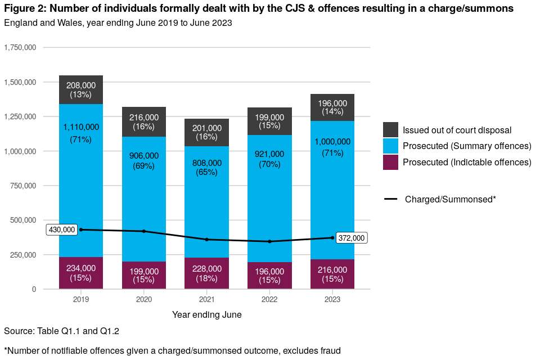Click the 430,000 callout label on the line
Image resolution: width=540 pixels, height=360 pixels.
click(x=62, y=229)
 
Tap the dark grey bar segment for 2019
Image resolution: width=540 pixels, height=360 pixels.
click(x=81, y=90)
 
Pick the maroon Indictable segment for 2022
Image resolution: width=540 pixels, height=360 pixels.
click(x=270, y=276)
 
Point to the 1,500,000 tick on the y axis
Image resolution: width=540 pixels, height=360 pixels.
click(x=20, y=82)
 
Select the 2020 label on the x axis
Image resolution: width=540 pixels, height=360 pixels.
click(x=144, y=300)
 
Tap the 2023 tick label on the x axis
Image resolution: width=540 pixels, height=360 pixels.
click(x=332, y=300)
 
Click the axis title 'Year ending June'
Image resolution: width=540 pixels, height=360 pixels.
click(x=207, y=315)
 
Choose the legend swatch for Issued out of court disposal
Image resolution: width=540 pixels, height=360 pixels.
click(x=390, y=130)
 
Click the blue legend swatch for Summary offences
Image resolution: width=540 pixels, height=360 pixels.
click(x=390, y=146)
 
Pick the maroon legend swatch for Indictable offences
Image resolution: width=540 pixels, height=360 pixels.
click(x=390, y=162)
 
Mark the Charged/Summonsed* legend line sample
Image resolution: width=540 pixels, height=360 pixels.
click(x=390, y=199)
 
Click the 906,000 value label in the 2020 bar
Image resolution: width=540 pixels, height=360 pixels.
click(x=144, y=156)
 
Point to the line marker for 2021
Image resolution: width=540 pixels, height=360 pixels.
click(x=207, y=240)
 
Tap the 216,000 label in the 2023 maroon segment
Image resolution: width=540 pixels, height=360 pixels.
click(x=332, y=270)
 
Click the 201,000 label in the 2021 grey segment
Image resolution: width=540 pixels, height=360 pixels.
click(x=207, y=128)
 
